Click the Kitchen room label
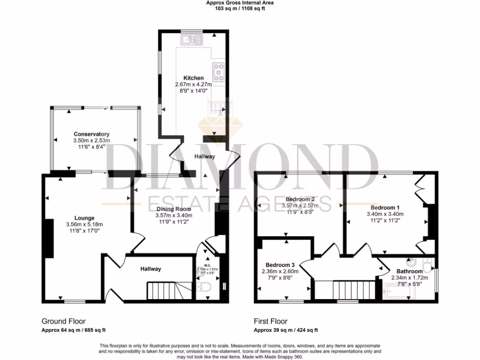[x=193, y=78]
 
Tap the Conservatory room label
[x=91, y=134]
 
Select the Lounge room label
[x=84, y=218]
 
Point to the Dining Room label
[x=174, y=209]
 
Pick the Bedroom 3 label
[x=280, y=264]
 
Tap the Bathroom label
[x=409, y=271]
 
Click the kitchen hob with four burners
[x=218, y=72]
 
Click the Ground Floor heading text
[x=64, y=322]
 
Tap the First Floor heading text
[x=271, y=322]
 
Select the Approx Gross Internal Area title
[x=240, y=3]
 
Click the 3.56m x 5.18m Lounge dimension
[x=84, y=225]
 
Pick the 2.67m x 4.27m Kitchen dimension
[x=194, y=84]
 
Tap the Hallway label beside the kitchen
[x=204, y=157]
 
